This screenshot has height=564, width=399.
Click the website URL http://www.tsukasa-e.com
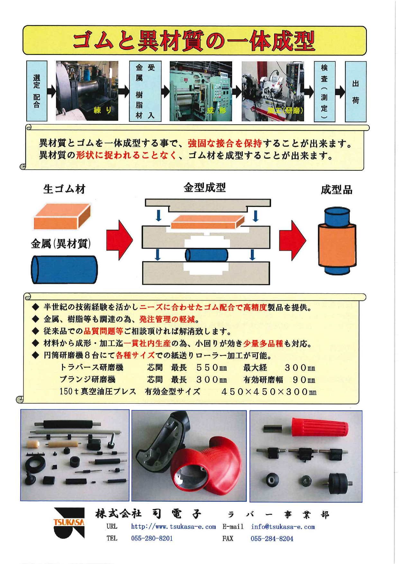[173, 527]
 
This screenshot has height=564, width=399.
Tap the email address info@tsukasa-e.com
[283, 527]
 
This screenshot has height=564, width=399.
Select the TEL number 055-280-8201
[152, 538]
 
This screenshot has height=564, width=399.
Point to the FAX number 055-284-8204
[272, 539]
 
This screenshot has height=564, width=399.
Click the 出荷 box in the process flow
[355, 92]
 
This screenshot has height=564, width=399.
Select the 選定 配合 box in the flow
[37, 91]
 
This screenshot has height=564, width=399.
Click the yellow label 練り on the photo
[103, 110]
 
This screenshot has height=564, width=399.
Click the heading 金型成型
[204, 187]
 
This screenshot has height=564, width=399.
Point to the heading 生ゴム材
[64, 189]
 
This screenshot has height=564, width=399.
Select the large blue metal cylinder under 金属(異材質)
[64, 269]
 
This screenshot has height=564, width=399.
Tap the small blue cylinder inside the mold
[206, 255]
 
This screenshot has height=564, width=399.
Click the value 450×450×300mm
[269, 392]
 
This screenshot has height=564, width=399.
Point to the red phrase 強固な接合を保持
[225, 143]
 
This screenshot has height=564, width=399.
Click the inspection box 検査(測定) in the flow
[324, 92]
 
